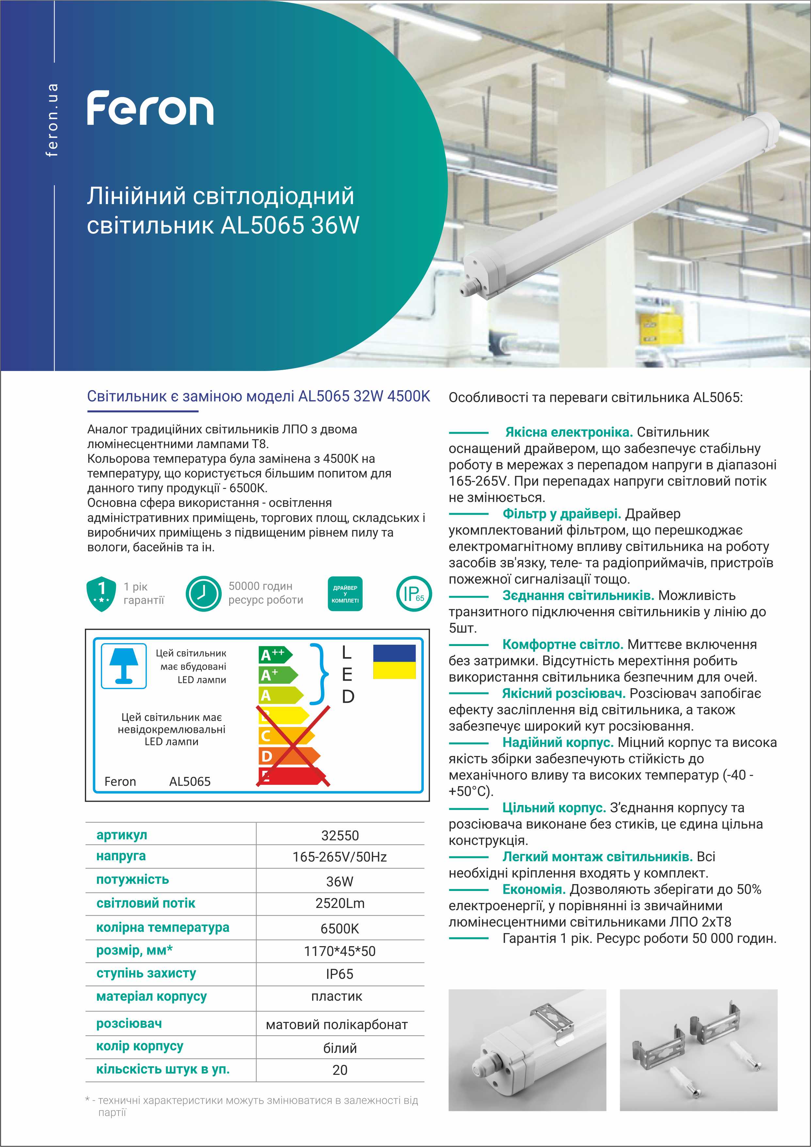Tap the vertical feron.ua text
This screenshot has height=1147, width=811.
click(x=52, y=120)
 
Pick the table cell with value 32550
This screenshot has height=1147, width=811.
click(x=340, y=835)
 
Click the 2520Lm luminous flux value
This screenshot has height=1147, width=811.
click(x=340, y=903)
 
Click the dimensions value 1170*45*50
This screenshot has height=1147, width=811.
click(x=340, y=951)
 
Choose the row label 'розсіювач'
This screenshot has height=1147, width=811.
click(x=129, y=1024)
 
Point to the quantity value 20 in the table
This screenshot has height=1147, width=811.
click(x=340, y=1070)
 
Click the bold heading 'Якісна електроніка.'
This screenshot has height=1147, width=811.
click(x=569, y=432)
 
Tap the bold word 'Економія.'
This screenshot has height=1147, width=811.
click(x=534, y=890)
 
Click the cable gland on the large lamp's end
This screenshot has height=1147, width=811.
click(x=469, y=288)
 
